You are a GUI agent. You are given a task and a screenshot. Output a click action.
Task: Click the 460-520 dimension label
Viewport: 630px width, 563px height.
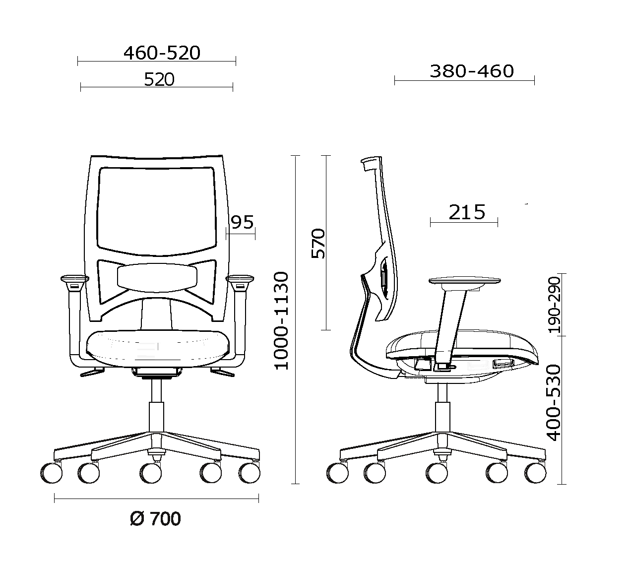[162, 53]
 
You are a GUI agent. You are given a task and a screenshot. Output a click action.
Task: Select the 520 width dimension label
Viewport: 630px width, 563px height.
[159, 79]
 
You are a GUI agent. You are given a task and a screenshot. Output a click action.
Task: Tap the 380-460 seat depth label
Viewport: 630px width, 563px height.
[472, 71]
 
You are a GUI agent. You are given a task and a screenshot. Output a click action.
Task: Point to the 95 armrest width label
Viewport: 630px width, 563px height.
[242, 222]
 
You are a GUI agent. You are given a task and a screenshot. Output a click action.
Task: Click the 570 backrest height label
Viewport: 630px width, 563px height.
[318, 243]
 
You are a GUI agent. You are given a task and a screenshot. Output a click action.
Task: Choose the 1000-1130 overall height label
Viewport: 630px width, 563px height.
[282, 321]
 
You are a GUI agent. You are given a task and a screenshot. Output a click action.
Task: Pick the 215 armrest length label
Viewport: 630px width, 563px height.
[467, 212]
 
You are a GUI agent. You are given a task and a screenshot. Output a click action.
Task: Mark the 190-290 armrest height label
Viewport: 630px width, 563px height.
[554, 305]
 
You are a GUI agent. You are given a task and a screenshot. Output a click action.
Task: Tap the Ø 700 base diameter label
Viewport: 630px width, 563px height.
[155, 518]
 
